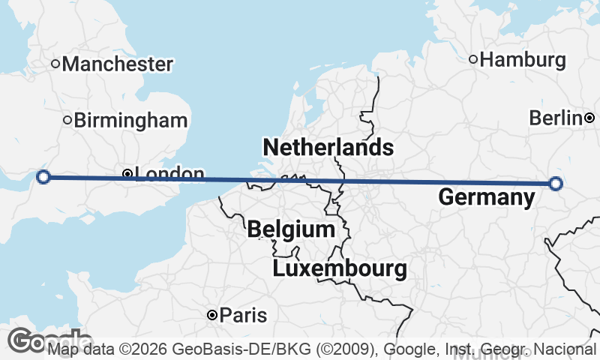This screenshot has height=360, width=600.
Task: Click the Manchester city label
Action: tap(118, 64)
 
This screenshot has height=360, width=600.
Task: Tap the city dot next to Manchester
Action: tap(55, 64)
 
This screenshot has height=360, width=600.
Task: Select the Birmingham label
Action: tap(130, 120)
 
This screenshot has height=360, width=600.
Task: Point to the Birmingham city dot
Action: tap(67, 120)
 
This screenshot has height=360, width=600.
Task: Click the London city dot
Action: tap(127, 174)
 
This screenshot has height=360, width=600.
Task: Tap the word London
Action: tap(171, 175)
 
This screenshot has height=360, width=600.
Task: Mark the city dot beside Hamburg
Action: tap(473, 59)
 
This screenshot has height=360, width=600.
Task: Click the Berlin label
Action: tap(556, 118)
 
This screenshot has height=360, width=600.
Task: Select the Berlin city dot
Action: tap(590, 118)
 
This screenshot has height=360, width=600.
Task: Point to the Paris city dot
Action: tap(213, 315)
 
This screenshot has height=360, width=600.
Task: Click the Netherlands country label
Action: tap(328, 147)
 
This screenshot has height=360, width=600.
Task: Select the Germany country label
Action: tap(486, 198)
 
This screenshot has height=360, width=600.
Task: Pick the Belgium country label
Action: tap(291, 229)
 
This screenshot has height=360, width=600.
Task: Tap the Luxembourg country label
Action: tap(340, 268)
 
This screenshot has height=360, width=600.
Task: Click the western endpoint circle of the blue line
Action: tap(43, 177)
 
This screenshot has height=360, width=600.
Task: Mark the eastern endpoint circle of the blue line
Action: tap(555, 183)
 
